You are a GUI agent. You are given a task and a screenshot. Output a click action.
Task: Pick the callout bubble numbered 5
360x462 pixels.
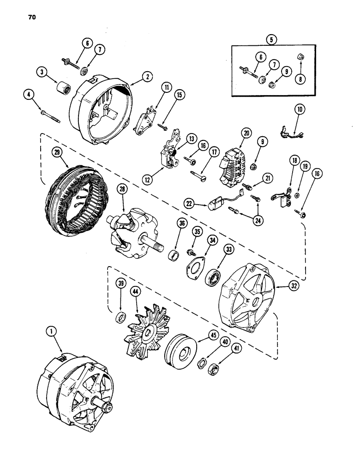[272, 39]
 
